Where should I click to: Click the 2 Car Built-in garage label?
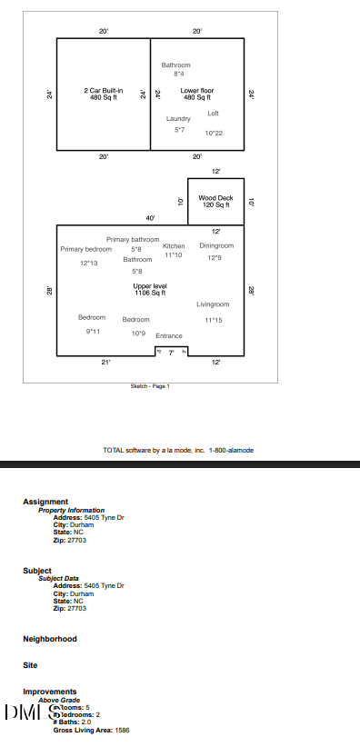(103, 94)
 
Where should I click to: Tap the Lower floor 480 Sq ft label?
(196, 94)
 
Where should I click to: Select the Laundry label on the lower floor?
(178, 119)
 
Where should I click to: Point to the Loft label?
(213, 113)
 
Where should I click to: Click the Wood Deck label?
(215, 202)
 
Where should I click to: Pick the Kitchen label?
(174, 246)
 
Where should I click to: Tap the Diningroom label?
(216, 245)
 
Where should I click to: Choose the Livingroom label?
(213, 304)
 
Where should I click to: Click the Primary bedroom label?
(86, 248)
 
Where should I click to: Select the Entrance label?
(169, 335)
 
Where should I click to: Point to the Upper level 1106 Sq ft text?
(150, 289)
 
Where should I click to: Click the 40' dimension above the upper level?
(150, 219)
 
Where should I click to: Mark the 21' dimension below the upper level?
(105, 363)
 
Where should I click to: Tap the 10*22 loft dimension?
(214, 134)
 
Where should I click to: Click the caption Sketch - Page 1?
(150, 386)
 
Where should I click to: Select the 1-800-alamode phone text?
(231, 450)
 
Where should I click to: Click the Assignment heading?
(45, 502)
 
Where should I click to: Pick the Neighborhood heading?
(50, 639)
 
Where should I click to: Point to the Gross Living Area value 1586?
(122, 730)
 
